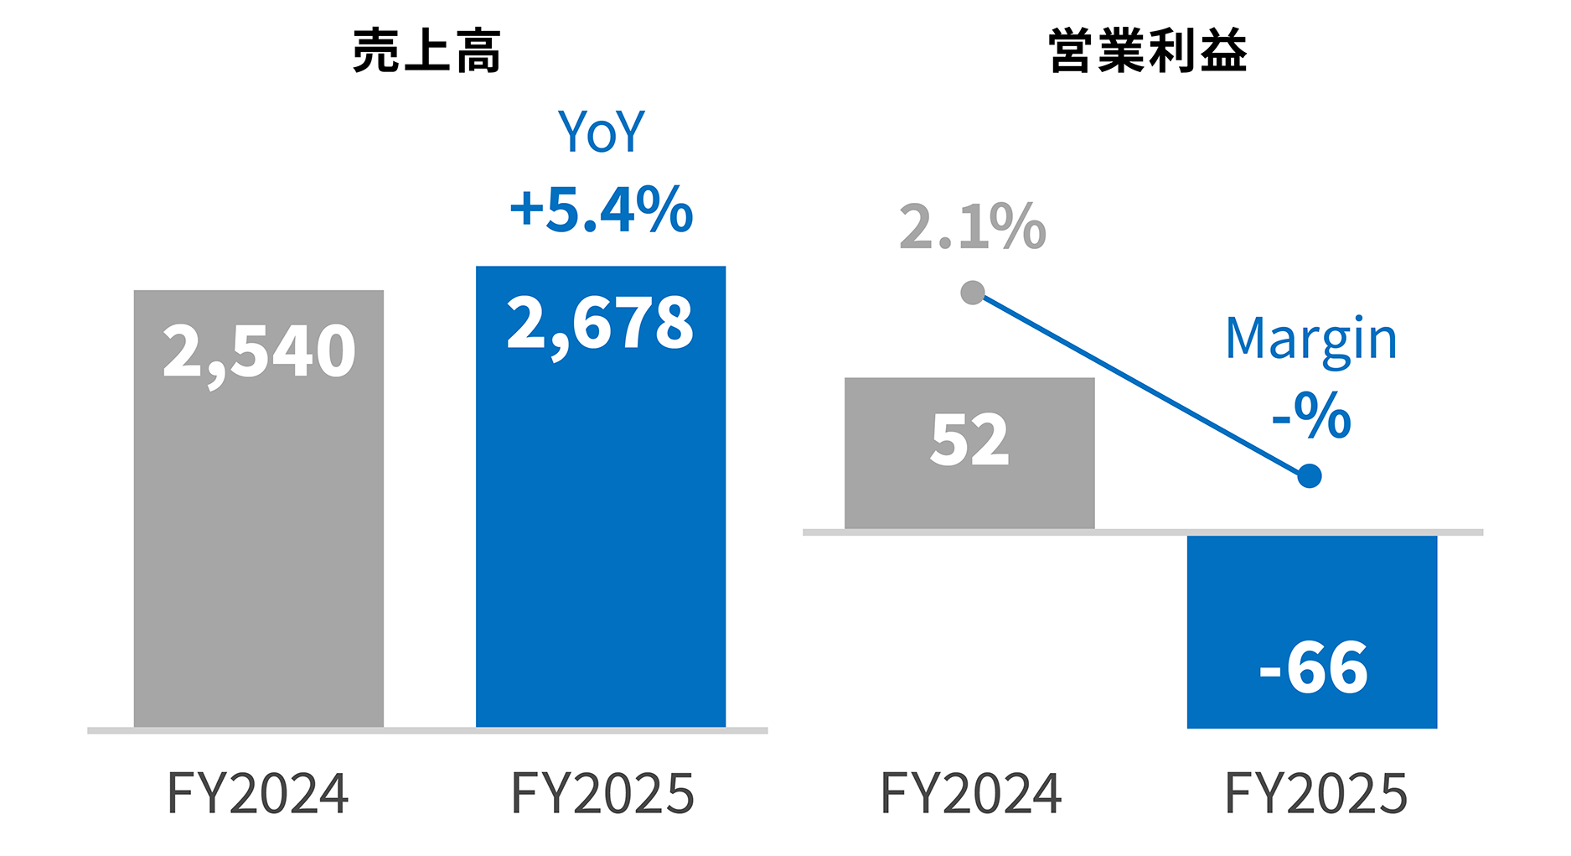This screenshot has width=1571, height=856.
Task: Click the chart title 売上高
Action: [426, 51]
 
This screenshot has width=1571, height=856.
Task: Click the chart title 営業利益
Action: [1147, 51]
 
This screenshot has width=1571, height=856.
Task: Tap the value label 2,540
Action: [259, 351]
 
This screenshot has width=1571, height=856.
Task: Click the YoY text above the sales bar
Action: [601, 132]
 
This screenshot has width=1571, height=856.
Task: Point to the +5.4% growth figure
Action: [601, 209]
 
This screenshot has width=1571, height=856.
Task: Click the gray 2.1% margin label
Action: [972, 226]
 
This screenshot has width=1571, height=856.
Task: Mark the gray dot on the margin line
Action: [972, 293]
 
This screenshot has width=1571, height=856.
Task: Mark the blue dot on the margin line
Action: [1309, 476]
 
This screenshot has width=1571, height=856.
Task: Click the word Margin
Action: [1310, 340]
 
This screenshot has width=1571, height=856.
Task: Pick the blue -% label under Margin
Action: [1310, 415]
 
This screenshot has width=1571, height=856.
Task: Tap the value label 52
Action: [969, 440]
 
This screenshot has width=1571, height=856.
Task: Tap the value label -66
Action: [1313, 668]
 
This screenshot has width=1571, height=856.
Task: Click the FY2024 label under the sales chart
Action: [258, 793]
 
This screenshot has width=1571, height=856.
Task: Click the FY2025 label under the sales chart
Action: [602, 793]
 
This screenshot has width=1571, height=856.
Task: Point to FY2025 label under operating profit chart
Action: [1315, 793]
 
